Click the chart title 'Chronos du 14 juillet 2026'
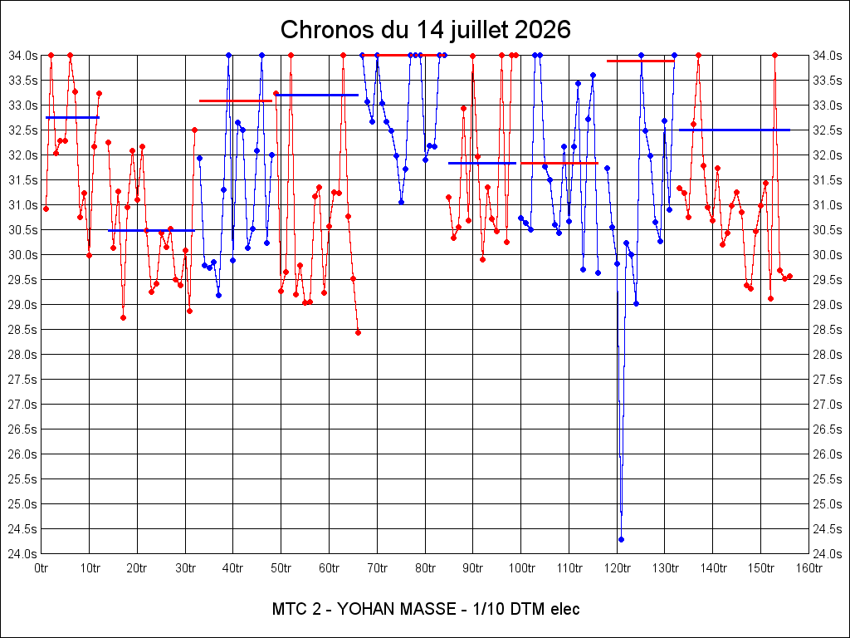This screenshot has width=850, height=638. point(426,29)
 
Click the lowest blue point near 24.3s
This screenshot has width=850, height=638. point(621,539)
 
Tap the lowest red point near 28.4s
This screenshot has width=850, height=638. point(358,332)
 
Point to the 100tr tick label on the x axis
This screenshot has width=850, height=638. point(521,568)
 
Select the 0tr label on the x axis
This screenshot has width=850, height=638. point(41,568)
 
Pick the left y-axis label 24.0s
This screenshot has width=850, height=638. point(22,554)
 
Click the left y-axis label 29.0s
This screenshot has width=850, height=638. point(22,305)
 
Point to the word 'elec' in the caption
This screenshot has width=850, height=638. point(564,609)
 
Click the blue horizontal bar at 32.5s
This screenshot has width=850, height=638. point(735,130)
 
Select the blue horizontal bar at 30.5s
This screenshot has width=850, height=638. point(151,231)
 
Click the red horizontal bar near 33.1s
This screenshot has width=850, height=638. point(236,101)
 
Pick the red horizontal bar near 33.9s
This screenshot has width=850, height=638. point(640,61)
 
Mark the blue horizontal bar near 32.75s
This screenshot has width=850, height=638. point(73,117)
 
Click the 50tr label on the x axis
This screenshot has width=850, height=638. point(281,568)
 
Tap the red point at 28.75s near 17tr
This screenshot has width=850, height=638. point(123,318)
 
